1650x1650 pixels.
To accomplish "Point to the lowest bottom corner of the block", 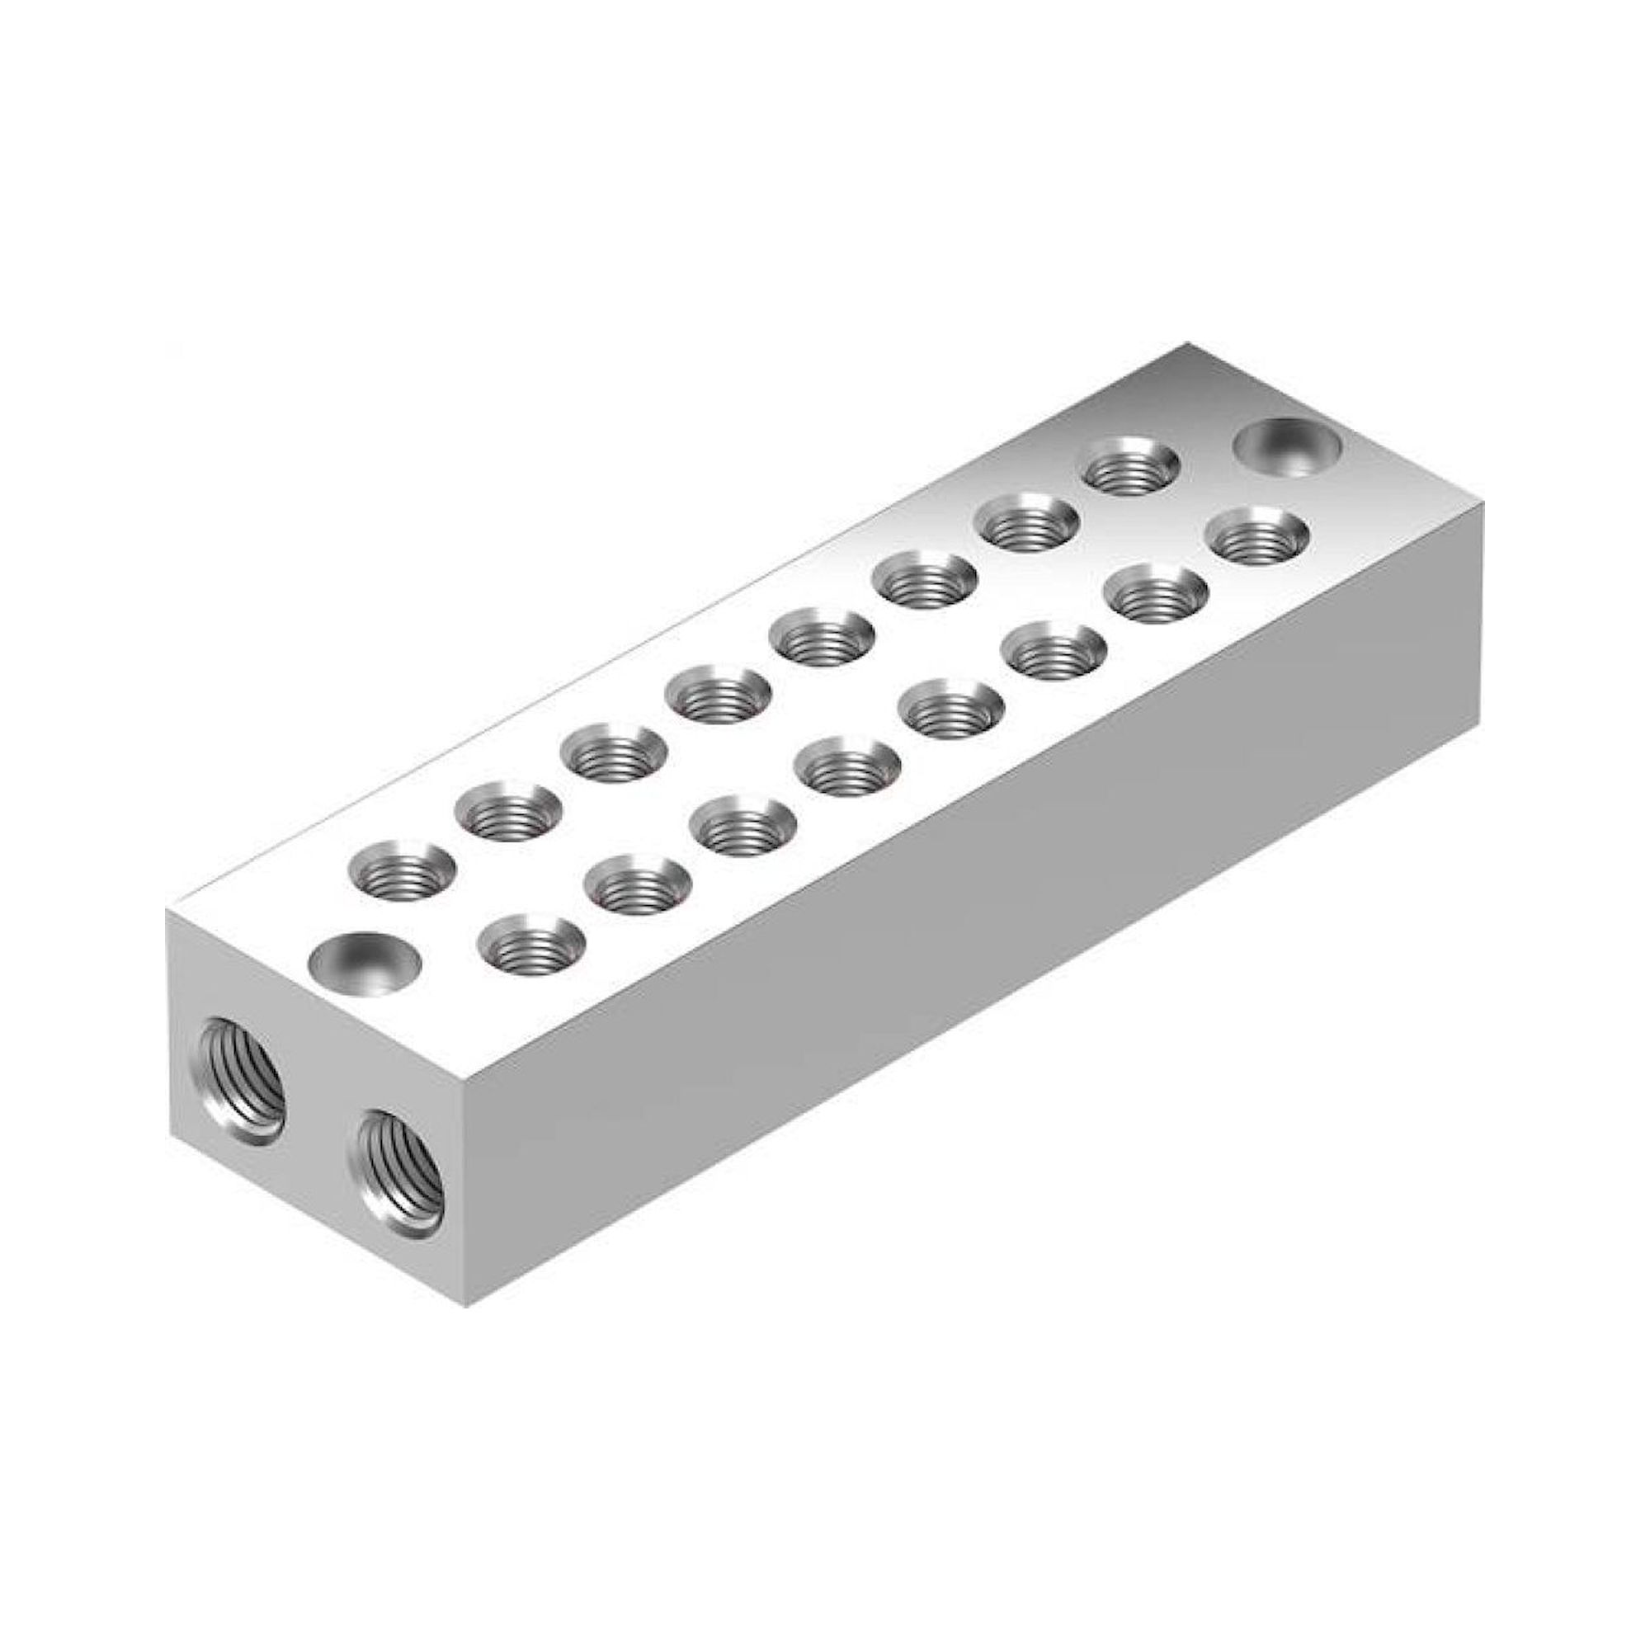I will click(x=466, y=1331).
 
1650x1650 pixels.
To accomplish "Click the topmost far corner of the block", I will click(x=1187, y=343).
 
